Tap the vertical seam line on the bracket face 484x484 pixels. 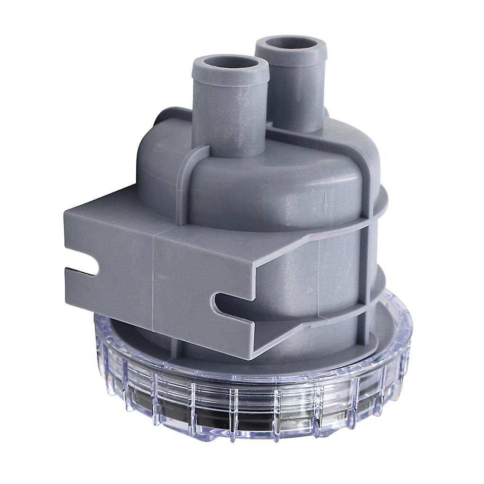click(x=154, y=279)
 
